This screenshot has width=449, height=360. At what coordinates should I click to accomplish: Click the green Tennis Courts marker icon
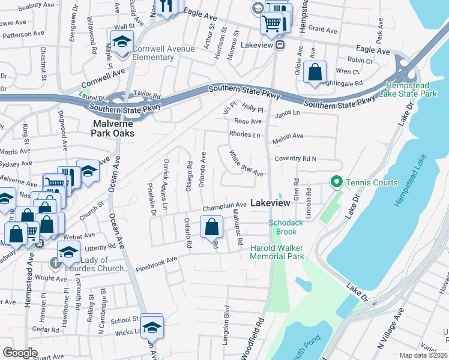(x=336, y=182)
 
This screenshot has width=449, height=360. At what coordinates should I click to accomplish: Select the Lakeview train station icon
(x=280, y=45)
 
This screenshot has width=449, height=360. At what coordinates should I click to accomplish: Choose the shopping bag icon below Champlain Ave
(x=211, y=227)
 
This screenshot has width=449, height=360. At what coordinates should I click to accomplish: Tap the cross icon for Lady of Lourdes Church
(x=55, y=263)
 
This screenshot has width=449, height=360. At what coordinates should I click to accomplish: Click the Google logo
(x=20, y=352)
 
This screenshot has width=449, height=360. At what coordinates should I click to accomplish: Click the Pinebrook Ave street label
(x=156, y=263)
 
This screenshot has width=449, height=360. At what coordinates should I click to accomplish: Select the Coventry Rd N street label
(x=295, y=158)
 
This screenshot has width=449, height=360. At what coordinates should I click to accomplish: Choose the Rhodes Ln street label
(x=247, y=134)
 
